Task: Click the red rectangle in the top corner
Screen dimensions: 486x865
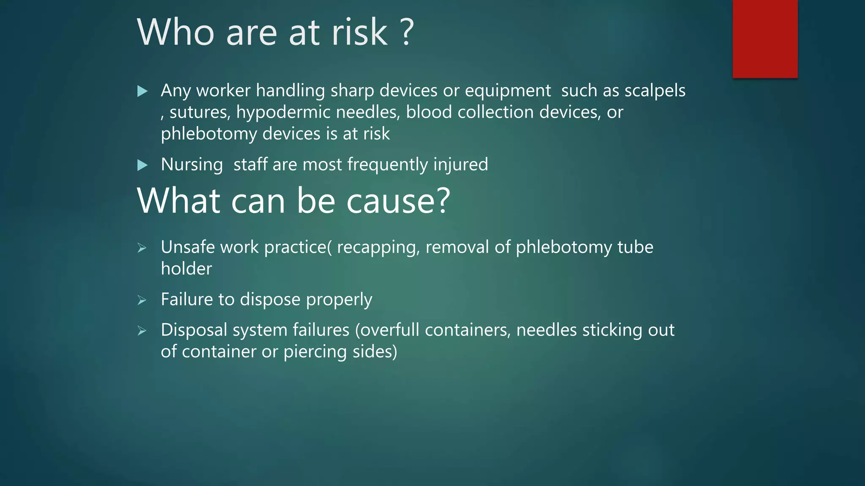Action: (x=765, y=39)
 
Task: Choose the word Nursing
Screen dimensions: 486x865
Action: (x=192, y=165)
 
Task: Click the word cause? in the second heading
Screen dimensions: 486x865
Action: (x=398, y=201)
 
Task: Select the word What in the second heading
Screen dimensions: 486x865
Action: (x=178, y=201)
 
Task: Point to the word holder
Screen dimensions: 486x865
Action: (x=186, y=269)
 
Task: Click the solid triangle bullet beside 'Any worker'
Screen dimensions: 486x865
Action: (x=142, y=91)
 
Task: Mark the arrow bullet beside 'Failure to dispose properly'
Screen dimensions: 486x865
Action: (x=142, y=300)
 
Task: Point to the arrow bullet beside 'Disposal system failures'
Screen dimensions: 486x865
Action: (x=142, y=331)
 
